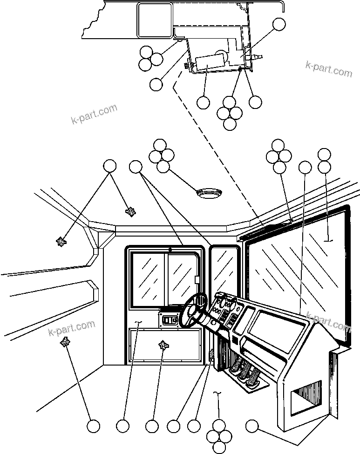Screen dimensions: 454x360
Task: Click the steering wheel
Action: [196, 309]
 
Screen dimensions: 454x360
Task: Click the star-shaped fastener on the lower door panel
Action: [163, 345]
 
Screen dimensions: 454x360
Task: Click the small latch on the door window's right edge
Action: [197, 280]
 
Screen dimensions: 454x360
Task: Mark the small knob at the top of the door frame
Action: [170, 250]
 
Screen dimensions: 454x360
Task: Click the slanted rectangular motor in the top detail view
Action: [211, 62]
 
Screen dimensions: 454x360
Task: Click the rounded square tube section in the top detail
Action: [154, 21]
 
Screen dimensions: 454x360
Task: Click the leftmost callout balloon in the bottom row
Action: [94, 426]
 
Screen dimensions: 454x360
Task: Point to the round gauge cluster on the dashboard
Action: [224, 305]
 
